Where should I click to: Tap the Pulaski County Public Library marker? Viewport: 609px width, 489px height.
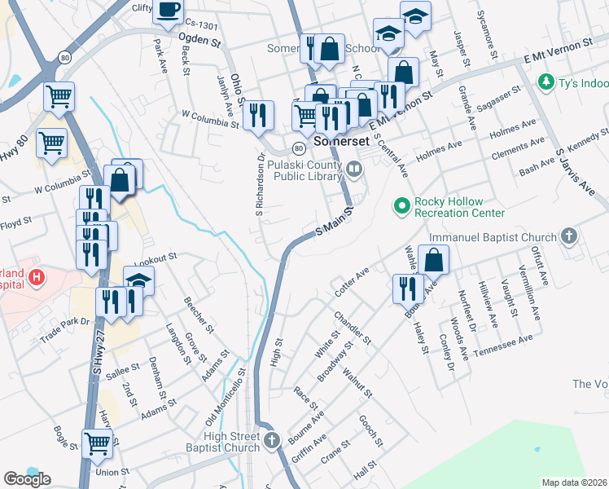click(353, 169)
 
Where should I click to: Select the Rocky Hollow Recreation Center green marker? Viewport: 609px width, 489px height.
click(401, 207)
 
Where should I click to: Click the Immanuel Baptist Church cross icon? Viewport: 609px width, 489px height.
click(569, 237)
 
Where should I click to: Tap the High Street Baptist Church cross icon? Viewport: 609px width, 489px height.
click(272, 441)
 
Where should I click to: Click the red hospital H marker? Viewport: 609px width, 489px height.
click(36, 279)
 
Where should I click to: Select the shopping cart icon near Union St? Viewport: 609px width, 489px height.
click(97, 444)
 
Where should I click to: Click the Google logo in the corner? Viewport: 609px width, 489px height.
click(27, 479)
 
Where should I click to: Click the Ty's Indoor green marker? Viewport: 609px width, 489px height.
click(545, 82)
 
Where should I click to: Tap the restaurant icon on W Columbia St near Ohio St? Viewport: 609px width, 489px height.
click(258, 114)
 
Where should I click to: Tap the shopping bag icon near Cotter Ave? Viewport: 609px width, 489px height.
click(434, 260)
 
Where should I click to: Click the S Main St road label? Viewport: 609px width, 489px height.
click(335, 222)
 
